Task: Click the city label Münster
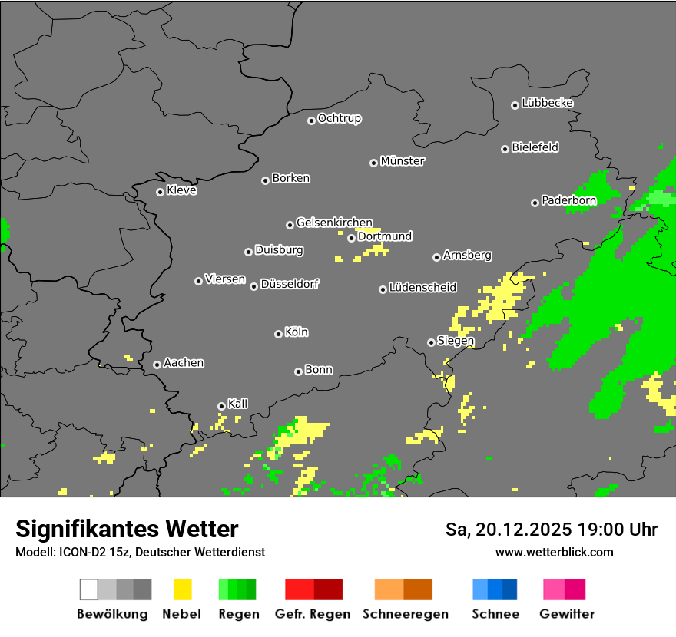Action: [403, 161]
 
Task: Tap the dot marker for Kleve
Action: [160, 192]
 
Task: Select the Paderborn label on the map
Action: [569, 201]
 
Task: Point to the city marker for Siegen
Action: [431, 342]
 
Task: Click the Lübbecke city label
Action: [548, 103]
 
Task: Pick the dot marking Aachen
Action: [157, 365]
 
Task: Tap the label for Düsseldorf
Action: [290, 284]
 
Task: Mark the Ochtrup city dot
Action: [311, 120]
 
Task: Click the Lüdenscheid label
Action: [422, 288]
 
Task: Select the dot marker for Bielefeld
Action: [505, 149]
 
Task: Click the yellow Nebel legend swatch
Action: [183, 589]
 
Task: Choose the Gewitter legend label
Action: [567, 614]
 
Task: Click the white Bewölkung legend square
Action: [89, 589]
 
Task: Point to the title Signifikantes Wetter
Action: [127, 529]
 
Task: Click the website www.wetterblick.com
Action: [555, 552]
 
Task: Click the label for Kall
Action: [238, 404]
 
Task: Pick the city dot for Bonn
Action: [298, 371]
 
